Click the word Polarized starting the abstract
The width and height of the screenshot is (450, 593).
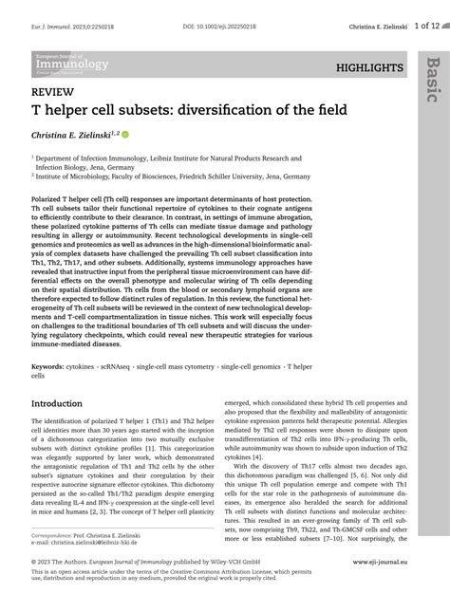pyautogui.click(x=50, y=202)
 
